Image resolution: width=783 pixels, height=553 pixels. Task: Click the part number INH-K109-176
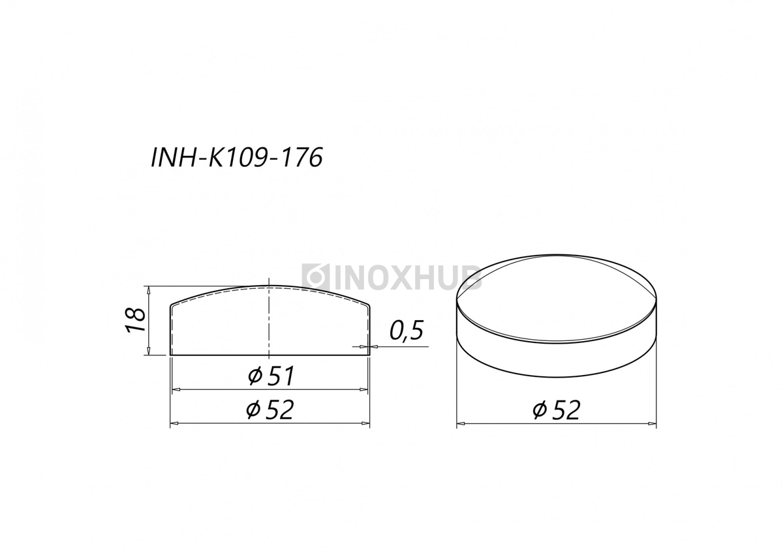click(237, 157)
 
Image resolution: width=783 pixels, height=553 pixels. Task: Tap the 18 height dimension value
click(136, 320)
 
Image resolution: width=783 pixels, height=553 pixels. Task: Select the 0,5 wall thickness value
click(407, 330)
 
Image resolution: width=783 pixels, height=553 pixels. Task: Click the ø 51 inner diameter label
click(271, 376)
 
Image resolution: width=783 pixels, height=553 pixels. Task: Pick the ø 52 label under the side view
click(270, 410)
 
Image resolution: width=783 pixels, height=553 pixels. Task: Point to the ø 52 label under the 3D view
click(557, 410)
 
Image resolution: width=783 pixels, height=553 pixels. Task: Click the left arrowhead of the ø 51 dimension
click(176, 389)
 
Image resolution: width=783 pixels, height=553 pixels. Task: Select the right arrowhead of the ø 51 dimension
click(363, 389)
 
